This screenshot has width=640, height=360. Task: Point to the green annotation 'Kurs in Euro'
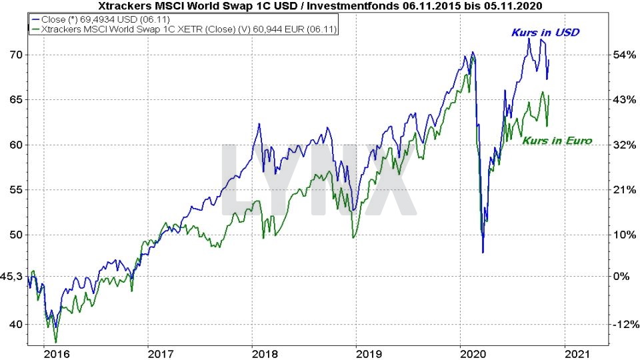[557, 141]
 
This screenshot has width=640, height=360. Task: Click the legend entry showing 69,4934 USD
[100, 19]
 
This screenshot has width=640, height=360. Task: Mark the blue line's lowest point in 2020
[483, 253]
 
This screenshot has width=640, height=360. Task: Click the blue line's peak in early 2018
[259, 125]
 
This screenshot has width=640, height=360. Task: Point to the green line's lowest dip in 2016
[55, 342]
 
